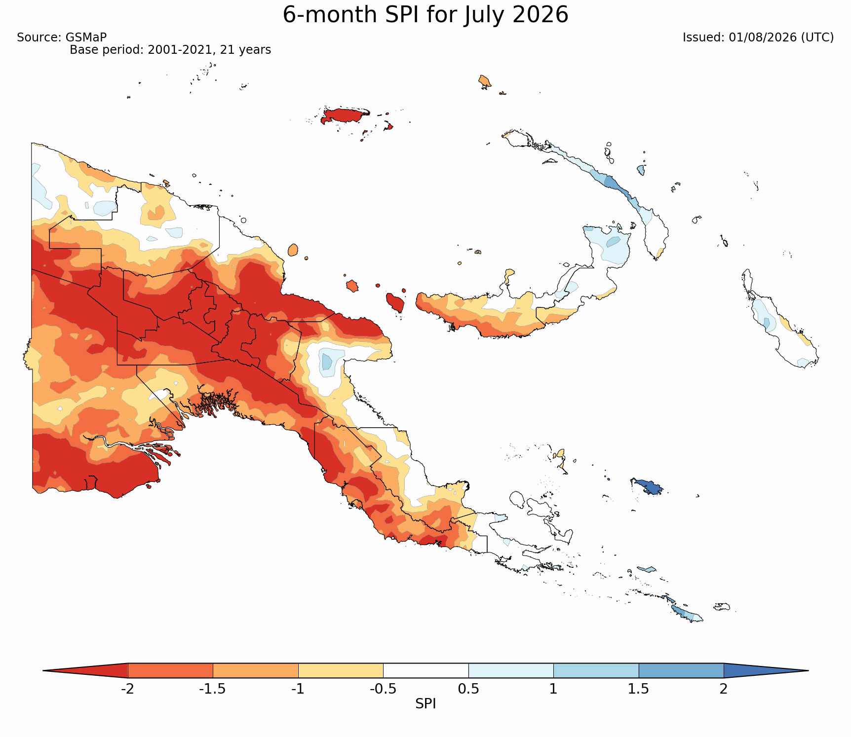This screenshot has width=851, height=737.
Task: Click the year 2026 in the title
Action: point(541,15)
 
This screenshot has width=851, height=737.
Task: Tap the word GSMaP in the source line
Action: point(86,37)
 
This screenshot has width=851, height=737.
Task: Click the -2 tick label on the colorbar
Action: point(128,689)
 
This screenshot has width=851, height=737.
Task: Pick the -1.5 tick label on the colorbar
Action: point(213,689)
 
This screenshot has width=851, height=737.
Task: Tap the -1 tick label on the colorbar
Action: point(298,689)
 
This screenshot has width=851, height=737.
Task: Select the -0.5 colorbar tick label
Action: point(383,689)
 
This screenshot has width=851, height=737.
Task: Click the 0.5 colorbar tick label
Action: point(468,689)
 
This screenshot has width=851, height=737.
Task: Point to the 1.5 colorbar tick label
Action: point(639,689)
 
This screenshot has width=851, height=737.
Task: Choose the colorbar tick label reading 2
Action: point(724,689)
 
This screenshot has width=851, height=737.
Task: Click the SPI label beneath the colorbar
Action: point(425,704)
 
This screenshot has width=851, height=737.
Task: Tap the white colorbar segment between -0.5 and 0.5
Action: point(425,670)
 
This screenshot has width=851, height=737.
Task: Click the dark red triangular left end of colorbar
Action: point(94,670)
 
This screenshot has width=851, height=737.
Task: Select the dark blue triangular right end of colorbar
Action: point(758,670)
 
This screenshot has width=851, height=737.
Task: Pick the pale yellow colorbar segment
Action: point(341,670)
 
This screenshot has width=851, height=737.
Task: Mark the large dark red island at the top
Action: point(345,116)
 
